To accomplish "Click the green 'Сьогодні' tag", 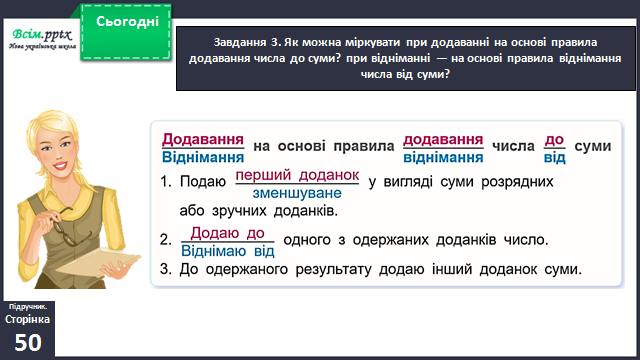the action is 126,32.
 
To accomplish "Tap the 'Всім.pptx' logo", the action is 42,39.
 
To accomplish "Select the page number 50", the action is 28,342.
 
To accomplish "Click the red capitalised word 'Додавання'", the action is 203,140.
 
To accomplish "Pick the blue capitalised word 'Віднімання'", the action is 203,158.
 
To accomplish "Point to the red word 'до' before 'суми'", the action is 554,140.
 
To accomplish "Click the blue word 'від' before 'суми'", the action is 554,158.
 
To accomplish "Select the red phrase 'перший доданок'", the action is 297,175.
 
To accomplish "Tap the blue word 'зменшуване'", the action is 297,193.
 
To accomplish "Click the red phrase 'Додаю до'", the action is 227,233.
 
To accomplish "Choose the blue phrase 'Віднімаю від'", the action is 228,251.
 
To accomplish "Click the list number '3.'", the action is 165,269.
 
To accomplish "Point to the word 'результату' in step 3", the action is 333,270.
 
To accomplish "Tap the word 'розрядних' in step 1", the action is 517,182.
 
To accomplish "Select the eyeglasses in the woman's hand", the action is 70,228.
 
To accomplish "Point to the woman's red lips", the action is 60,165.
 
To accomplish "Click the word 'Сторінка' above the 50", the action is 27,319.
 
